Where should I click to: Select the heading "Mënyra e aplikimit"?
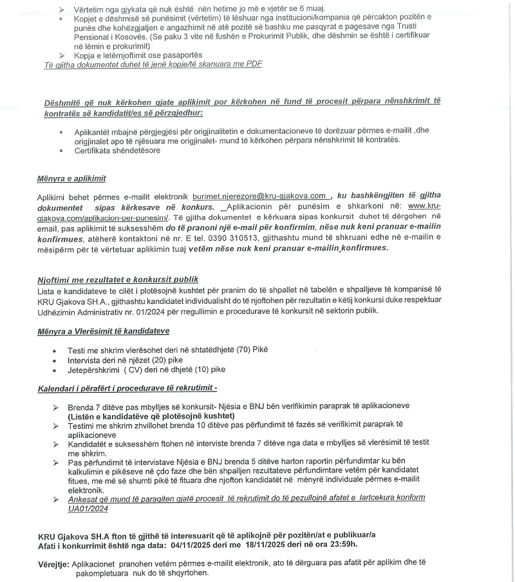[x=71, y=178]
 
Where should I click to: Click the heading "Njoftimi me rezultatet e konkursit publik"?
[x=118, y=279]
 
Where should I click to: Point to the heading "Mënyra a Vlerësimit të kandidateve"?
[x=103, y=331]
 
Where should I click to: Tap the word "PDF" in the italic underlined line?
[x=253, y=64]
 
